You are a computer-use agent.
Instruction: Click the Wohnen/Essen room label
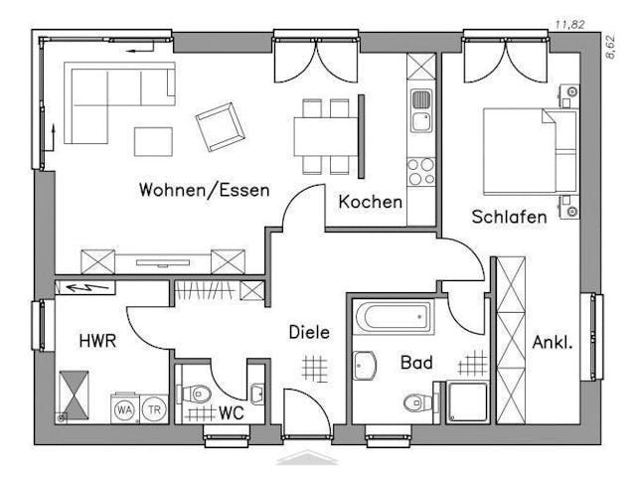point(204,190)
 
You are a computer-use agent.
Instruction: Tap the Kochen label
point(371,202)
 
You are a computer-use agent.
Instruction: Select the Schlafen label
point(509,217)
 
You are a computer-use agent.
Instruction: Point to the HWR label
point(98,342)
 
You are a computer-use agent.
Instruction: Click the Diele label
point(309,333)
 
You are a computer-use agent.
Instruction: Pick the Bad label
point(416,364)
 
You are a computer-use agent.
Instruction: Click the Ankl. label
point(553,344)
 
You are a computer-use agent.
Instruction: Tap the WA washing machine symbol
point(125,407)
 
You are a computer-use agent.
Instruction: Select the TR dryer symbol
point(154,407)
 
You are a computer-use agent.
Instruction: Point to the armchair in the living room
point(219,127)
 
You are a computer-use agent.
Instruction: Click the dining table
point(325,134)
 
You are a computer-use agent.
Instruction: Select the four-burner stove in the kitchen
point(421,171)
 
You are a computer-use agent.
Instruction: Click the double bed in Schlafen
point(529,151)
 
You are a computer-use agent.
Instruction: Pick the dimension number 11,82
point(568,23)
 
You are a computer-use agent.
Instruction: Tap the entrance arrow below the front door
point(307,457)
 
